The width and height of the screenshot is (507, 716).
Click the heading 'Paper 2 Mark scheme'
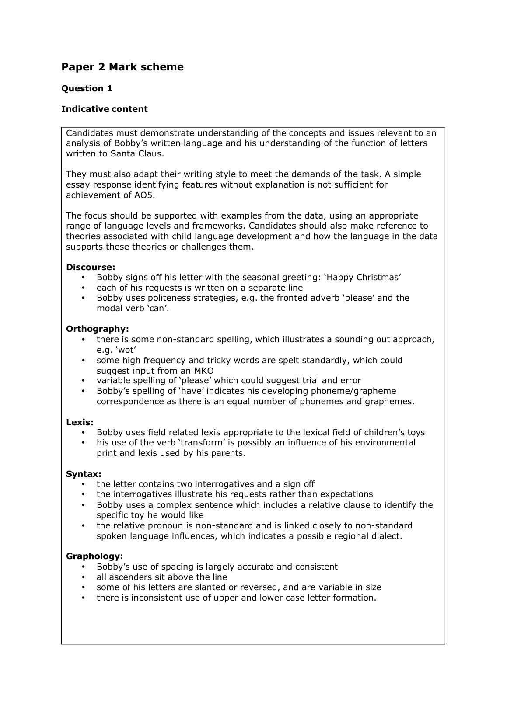[122, 67]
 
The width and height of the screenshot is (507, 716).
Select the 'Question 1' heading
[87, 88]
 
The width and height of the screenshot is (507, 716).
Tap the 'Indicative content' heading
[104, 109]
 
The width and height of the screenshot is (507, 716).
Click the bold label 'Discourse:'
[91, 267]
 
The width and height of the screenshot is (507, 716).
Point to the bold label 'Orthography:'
[97, 329]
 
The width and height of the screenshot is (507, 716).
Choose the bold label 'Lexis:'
[80, 422]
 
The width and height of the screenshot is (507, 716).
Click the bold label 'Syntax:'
[84, 474]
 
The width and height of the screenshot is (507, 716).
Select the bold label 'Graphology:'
[94, 556]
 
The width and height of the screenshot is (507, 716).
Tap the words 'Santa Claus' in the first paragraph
[136, 154]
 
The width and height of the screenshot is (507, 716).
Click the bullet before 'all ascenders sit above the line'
[84, 577]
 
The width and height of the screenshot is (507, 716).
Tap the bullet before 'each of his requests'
[84, 288]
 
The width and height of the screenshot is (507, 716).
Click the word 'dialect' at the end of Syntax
[386, 536]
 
